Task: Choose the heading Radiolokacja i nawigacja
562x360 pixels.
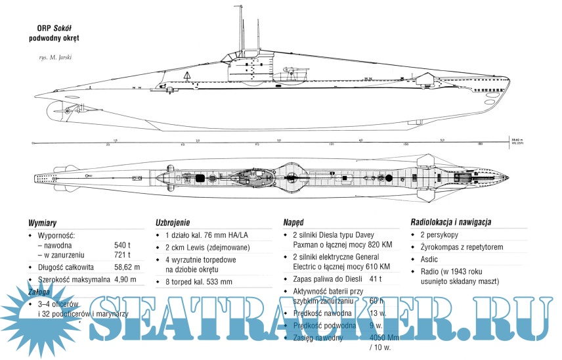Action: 450,222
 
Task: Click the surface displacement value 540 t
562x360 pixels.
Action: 123,244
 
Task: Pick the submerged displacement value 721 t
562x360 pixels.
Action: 123,255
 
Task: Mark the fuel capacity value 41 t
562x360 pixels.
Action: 377,279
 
